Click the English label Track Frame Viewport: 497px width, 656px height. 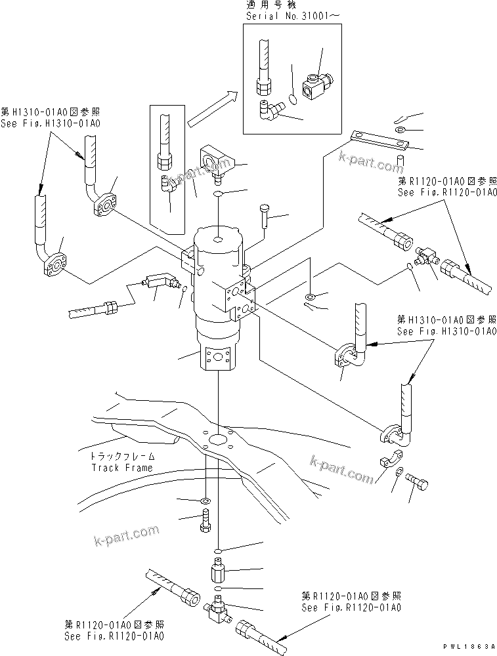click(121, 468)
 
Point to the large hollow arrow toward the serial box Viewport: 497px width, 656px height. click(212, 109)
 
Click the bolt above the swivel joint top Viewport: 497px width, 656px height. click(264, 215)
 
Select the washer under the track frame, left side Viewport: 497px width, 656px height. click(204, 502)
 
